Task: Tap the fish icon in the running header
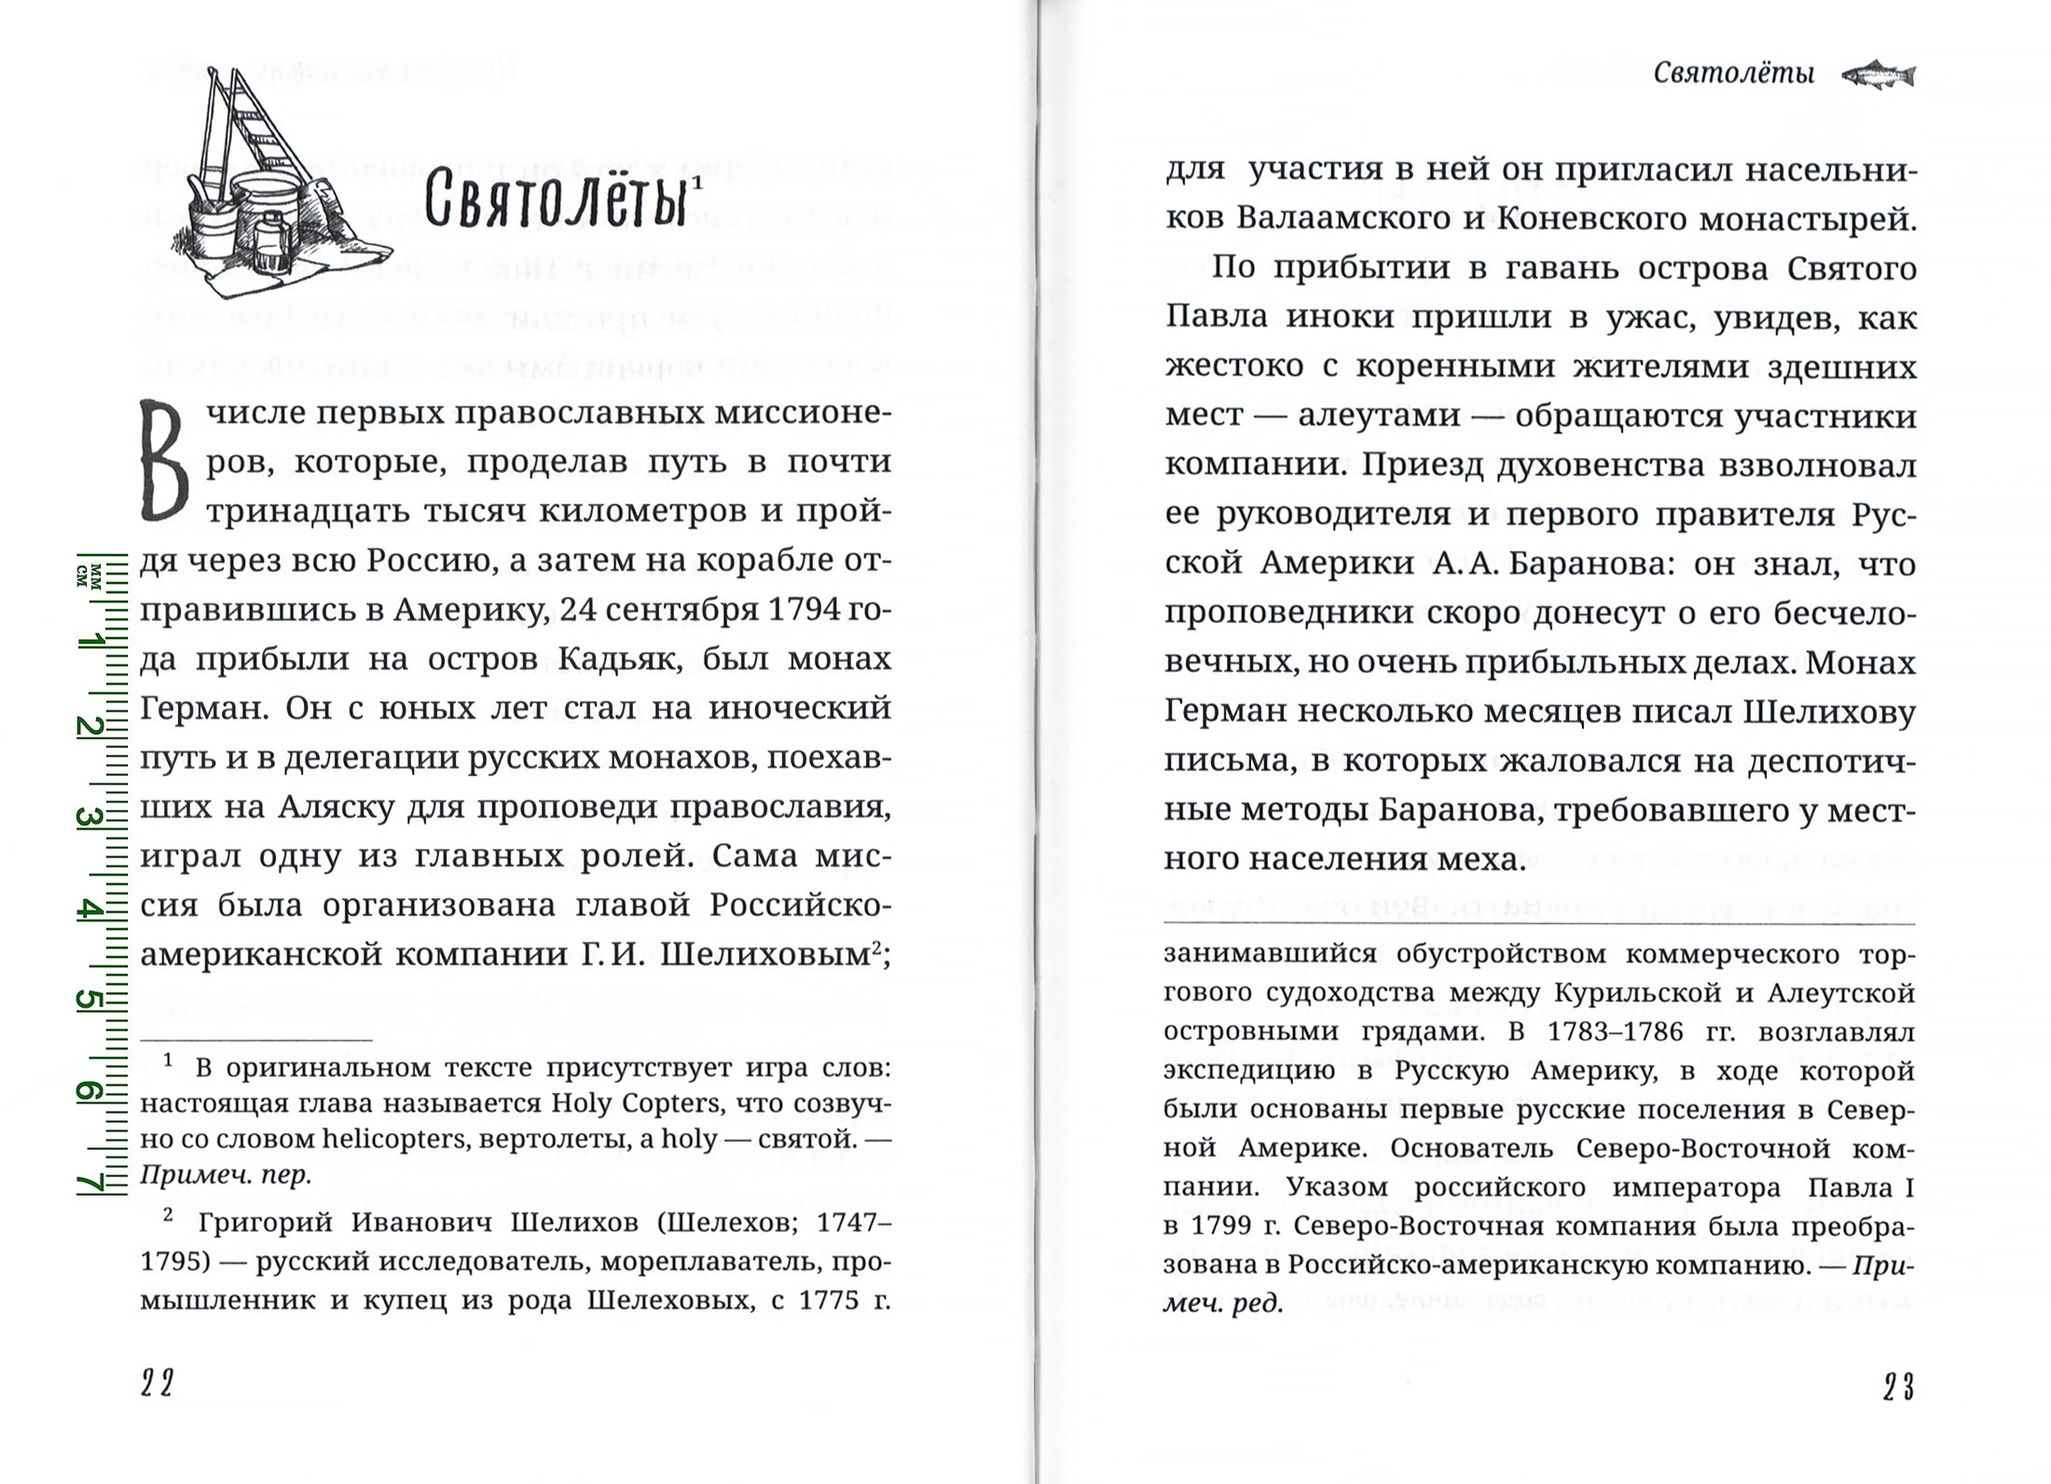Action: (1878, 75)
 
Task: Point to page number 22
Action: (158, 1384)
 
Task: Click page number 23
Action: (1898, 1388)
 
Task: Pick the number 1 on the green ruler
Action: (90, 642)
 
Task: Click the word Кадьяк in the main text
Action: (617, 659)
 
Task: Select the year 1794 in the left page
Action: (787, 610)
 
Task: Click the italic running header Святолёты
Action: (1734, 74)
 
